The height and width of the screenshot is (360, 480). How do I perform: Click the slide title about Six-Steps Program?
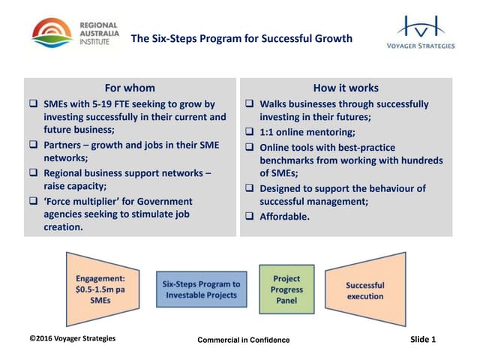pyautogui.click(x=241, y=39)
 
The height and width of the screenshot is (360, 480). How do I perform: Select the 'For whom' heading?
pyautogui.click(x=130, y=88)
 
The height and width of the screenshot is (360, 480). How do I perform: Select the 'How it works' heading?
pyautogui.click(x=346, y=88)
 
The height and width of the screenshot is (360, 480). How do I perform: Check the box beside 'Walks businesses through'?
pyautogui.click(x=250, y=104)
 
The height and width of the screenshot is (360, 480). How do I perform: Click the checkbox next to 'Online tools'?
pyautogui.click(x=250, y=148)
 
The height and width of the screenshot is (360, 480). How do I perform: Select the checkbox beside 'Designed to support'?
pyautogui.click(x=250, y=188)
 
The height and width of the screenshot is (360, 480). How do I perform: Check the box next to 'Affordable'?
pyautogui.click(x=250, y=217)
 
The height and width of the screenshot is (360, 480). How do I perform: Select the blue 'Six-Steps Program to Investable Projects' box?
pyautogui.click(x=202, y=289)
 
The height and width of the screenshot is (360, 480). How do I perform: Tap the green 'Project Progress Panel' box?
pyautogui.click(x=287, y=289)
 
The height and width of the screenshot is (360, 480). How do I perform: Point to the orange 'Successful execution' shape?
pyautogui.click(x=365, y=289)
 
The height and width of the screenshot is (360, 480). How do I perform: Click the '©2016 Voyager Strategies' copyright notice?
pyautogui.click(x=72, y=338)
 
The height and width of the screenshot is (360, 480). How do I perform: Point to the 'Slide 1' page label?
pyautogui.click(x=423, y=339)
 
